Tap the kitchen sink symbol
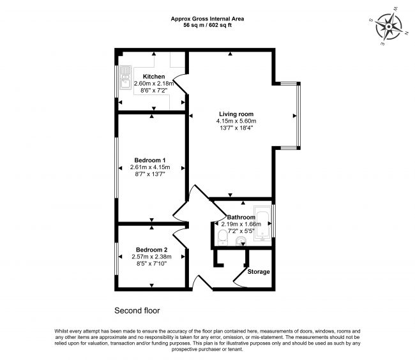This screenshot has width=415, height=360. tap(124, 76)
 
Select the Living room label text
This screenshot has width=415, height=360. tap(236, 114)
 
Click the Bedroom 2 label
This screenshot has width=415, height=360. tap(151, 250)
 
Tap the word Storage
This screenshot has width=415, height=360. tap(259, 271)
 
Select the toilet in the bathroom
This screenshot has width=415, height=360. tap(222, 238)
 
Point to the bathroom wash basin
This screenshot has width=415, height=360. tap(242, 241)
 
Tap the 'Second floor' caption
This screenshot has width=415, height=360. tap(137, 311)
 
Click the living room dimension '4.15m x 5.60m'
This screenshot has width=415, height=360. tap(236, 121)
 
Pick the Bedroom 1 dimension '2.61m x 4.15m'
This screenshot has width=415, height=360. tap(150, 167)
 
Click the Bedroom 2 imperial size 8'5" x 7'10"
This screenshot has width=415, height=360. tap(151, 264)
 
